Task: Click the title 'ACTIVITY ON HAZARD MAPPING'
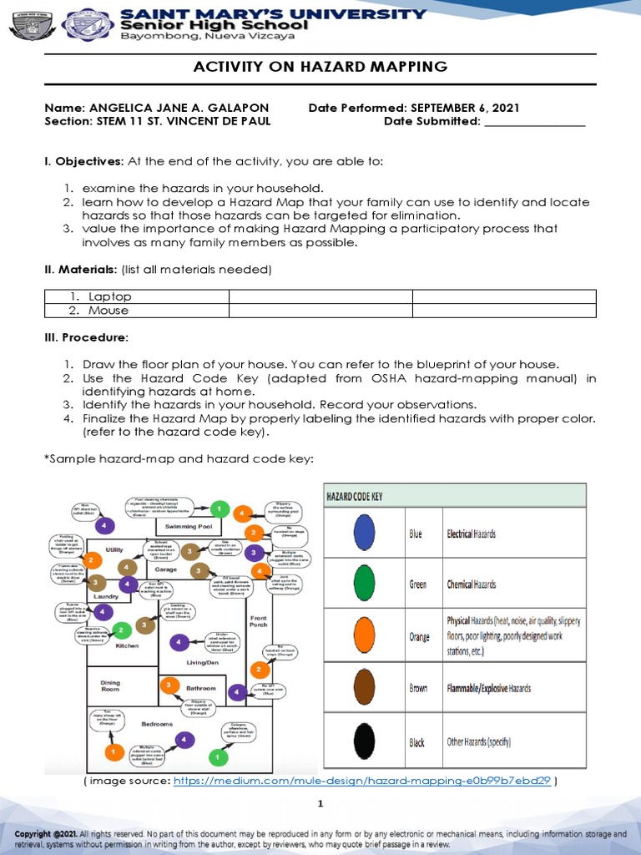[x=320, y=68]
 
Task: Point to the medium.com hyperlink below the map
[x=362, y=781]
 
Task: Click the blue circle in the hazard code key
[x=364, y=533]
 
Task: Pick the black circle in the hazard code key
[x=364, y=741]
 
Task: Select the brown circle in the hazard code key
[x=364, y=688]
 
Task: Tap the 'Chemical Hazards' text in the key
[x=471, y=584]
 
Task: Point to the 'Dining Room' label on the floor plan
[x=110, y=686]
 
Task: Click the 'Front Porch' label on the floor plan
[x=258, y=620]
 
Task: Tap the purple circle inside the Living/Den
[x=179, y=642]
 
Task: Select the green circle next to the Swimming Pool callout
[x=219, y=508]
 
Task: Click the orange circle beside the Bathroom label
[x=169, y=686]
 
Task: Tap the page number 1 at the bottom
[x=320, y=803]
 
